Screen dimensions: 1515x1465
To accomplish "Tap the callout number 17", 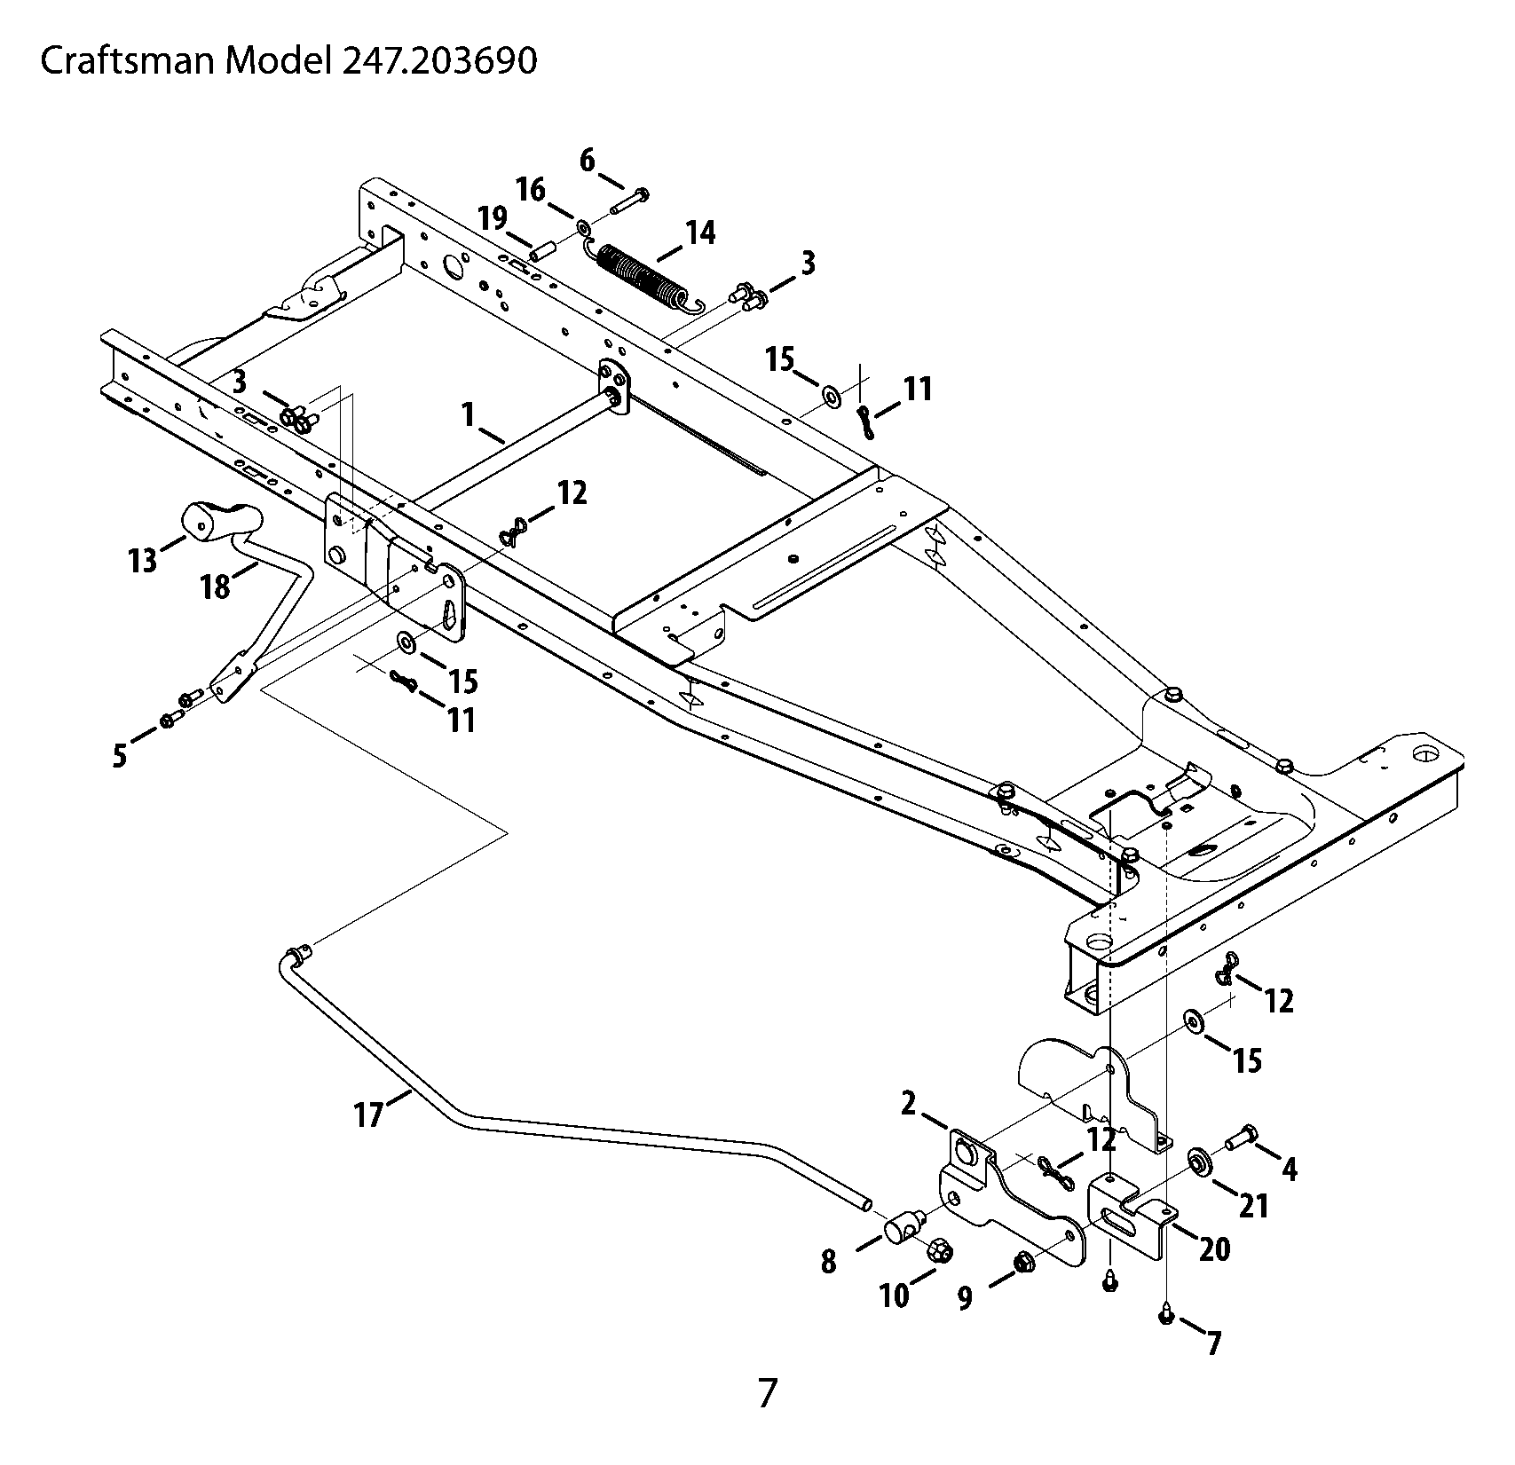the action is (x=368, y=1114).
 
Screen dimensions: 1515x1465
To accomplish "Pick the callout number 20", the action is (x=1215, y=1249).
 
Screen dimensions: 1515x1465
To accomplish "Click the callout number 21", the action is (x=1253, y=1205).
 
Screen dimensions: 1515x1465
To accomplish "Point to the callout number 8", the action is (x=828, y=1262).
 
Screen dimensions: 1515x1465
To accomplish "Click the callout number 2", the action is (x=909, y=1104).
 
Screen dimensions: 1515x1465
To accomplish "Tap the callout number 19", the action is (x=493, y=217).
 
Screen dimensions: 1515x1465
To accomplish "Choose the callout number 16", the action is (x=532, y=189).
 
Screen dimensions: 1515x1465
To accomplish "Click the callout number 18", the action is (x=215, y=587).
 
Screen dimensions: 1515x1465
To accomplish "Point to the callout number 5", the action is (x=120, y=755).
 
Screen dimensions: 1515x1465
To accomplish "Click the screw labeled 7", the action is (x=1167, y=1317).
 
